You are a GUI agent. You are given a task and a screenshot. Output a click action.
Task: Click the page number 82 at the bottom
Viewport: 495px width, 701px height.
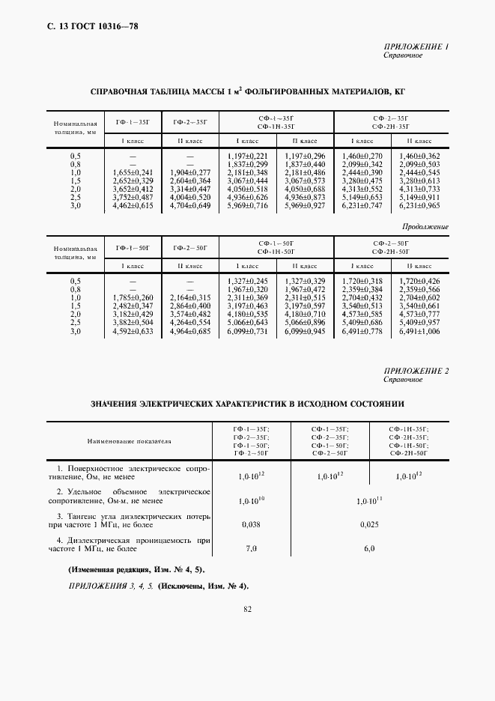247,609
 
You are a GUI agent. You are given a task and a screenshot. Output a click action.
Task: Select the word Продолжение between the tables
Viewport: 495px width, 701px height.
425,226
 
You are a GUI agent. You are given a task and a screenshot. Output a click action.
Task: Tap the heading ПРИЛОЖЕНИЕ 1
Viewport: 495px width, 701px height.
416,47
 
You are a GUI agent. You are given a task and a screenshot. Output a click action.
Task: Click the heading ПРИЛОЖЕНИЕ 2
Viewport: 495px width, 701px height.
416,371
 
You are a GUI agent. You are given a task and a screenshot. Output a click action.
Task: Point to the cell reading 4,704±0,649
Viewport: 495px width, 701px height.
190,204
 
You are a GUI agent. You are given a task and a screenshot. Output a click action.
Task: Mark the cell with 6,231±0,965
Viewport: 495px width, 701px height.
419,204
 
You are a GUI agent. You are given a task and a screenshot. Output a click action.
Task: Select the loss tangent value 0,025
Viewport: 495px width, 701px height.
368,524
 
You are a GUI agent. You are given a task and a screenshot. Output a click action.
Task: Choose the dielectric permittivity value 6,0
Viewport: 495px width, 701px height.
368,549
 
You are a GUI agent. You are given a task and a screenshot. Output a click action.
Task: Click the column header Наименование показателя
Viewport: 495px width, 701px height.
129,441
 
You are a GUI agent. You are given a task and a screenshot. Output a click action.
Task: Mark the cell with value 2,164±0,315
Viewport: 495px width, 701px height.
190,297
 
